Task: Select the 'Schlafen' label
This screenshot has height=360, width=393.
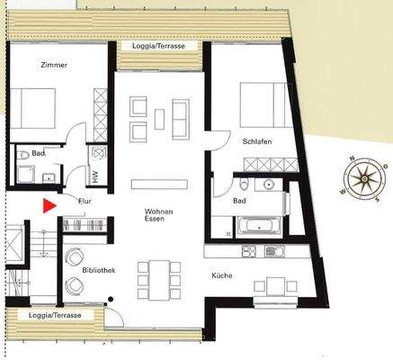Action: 256,142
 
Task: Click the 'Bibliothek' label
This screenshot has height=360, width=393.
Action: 98,270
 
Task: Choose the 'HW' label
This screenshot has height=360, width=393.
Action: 95,175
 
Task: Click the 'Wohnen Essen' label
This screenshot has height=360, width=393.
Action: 157,215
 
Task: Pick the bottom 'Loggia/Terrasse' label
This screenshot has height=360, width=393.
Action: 56,316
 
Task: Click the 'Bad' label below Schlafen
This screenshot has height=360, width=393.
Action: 238,202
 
